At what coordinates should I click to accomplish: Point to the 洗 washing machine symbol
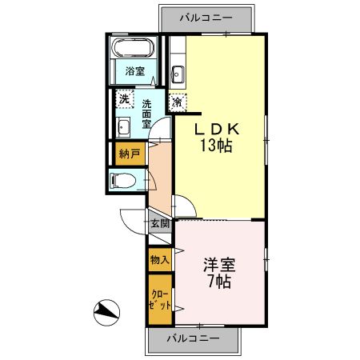point(124,100)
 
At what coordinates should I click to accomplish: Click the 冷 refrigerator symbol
point(177,102)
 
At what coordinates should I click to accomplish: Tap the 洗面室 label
point(147,114)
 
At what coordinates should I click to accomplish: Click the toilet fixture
point(122,181)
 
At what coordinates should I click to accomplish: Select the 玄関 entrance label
point(158,225)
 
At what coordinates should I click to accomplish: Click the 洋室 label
point(218,265)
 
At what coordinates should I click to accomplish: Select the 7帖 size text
point(218,282)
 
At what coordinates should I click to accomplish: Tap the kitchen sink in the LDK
point(178,77)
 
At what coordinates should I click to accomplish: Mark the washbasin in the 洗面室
point(123,128)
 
